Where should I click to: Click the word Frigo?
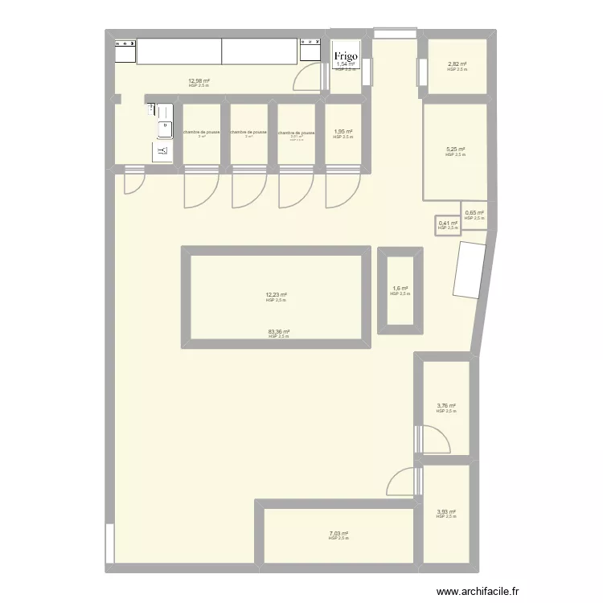pyautogui.click(x=347, y=56)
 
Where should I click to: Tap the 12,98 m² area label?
pyautogui.click(x=199, y=80)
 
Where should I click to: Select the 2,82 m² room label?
pyautogui.click(x=456, y=64)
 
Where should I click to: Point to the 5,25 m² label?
pyautogui.click(x=456, y=150)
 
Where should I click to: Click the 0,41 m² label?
pyautogui.click(x=447, y=224)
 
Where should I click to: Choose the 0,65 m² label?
pyautogui.click(x=474, y=213)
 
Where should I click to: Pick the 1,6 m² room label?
pyautogui.click(x=400, y=289)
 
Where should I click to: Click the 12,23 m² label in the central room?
pyautogui.click(x=276, y=294)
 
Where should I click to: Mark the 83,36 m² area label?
pyautogui.click(x=279, y=331)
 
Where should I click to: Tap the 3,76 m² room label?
pyautogui.click(x=445, y=406)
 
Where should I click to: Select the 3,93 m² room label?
pyautogui.click(x=445, y=511)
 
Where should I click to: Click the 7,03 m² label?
pyautogui.click(x=338, y=533)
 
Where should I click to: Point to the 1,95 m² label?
pyautogui.click(x=343, y=132)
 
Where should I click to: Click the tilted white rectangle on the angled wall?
pyautogui.click(x=467, y=270)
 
